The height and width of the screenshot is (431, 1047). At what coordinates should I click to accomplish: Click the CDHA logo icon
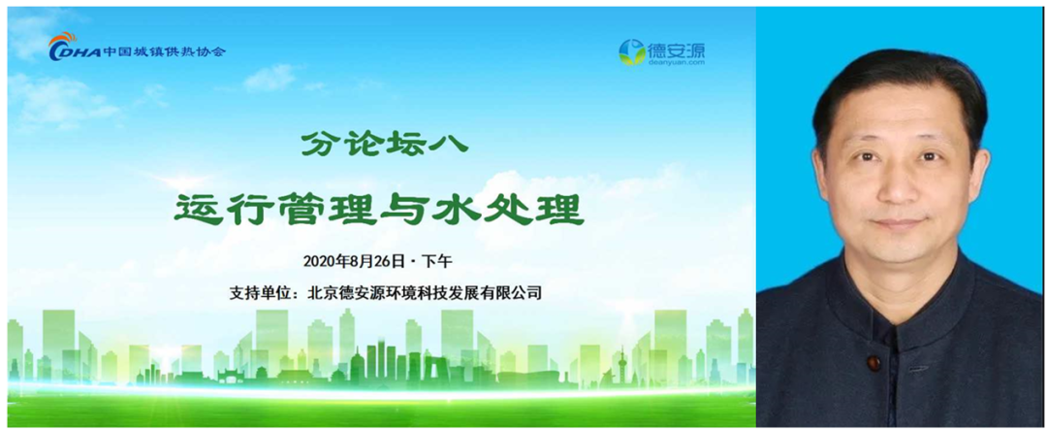point(74,48)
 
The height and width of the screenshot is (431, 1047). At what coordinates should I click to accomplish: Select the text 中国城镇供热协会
point(164,50)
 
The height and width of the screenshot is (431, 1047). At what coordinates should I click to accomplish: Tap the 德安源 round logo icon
point(632,52)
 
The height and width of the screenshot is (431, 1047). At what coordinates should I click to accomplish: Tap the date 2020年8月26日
point(354,260)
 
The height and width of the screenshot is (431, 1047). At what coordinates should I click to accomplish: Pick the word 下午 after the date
point(439,260)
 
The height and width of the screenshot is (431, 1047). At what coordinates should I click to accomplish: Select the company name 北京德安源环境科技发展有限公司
point(424,293)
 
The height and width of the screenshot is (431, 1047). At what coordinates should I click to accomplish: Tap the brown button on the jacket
point(873,363)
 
